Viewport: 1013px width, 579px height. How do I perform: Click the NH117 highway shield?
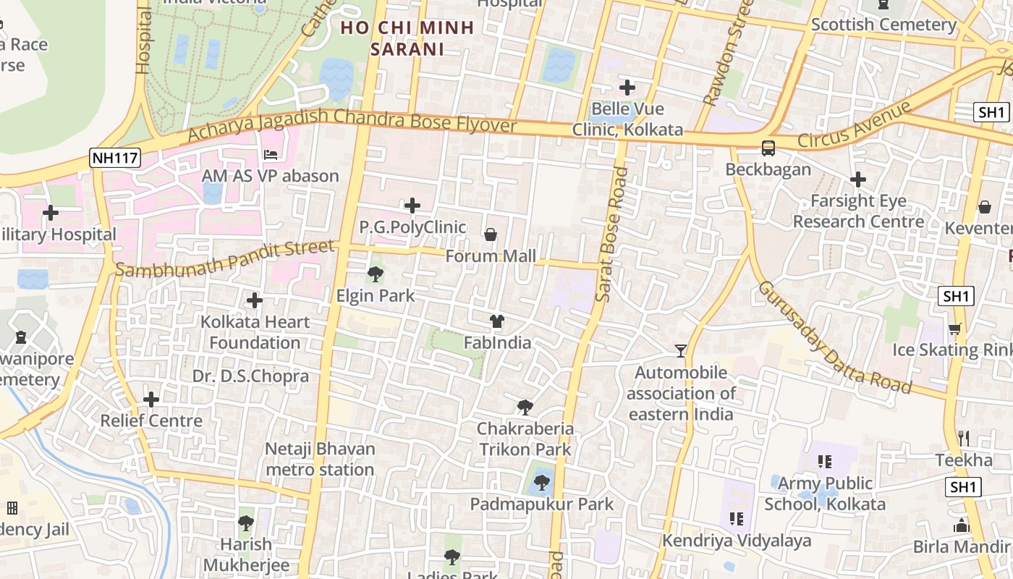coord(115,159)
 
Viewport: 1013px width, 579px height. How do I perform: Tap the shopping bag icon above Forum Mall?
coord(491,234)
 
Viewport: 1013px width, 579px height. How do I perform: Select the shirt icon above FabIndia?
coord(496,321)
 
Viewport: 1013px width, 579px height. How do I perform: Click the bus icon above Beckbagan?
coord(768,148)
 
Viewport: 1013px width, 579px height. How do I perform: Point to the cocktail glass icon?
coord(680,351)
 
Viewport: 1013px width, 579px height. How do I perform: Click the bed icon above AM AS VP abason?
coord(270,155)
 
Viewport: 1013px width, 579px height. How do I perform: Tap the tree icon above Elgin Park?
coord(375,274)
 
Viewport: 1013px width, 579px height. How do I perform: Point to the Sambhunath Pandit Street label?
coord(225,259)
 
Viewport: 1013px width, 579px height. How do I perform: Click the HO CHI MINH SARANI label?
coord(407,38)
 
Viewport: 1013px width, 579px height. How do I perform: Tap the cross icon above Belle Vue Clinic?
coord(627,88)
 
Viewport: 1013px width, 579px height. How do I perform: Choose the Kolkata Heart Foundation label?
coord(255,332)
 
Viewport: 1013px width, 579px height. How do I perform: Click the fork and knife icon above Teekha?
coord(963,439)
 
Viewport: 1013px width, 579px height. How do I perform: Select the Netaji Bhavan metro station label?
coord(319,459)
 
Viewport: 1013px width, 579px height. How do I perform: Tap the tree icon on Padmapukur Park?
coord(541,483)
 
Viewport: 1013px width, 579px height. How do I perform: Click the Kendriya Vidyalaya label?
coord(737,541)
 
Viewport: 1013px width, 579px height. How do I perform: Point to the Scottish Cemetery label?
coord(883,25)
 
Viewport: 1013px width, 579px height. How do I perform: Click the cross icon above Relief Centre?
coord(151,400)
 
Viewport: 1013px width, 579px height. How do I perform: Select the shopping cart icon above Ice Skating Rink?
coord(955,329)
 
